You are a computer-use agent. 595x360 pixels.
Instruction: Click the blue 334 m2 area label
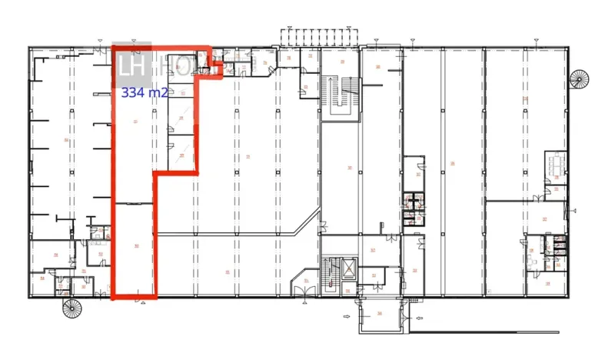(145, 93)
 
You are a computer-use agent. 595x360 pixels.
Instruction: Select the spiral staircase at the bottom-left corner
(71, 309)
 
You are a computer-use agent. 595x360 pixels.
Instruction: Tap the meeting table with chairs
(556, 163)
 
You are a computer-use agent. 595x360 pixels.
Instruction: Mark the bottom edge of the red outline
(134, 296)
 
